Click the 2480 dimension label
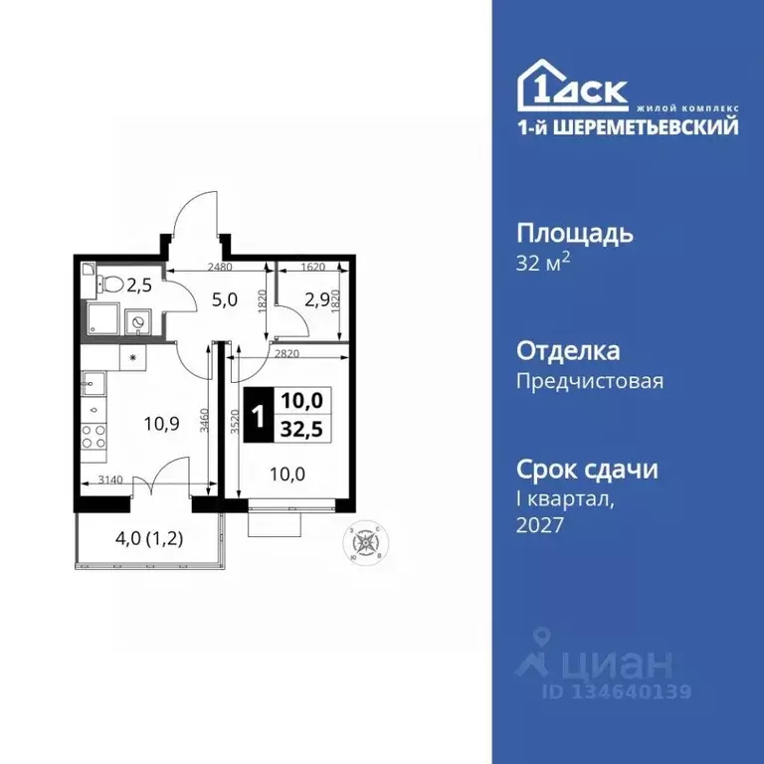(220, 267)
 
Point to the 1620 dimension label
(311, 267)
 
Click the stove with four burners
(93, 436)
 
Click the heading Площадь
(575, 235)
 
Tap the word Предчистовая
(589, 380)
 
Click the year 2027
(540, 524)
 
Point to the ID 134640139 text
(616, 690)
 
